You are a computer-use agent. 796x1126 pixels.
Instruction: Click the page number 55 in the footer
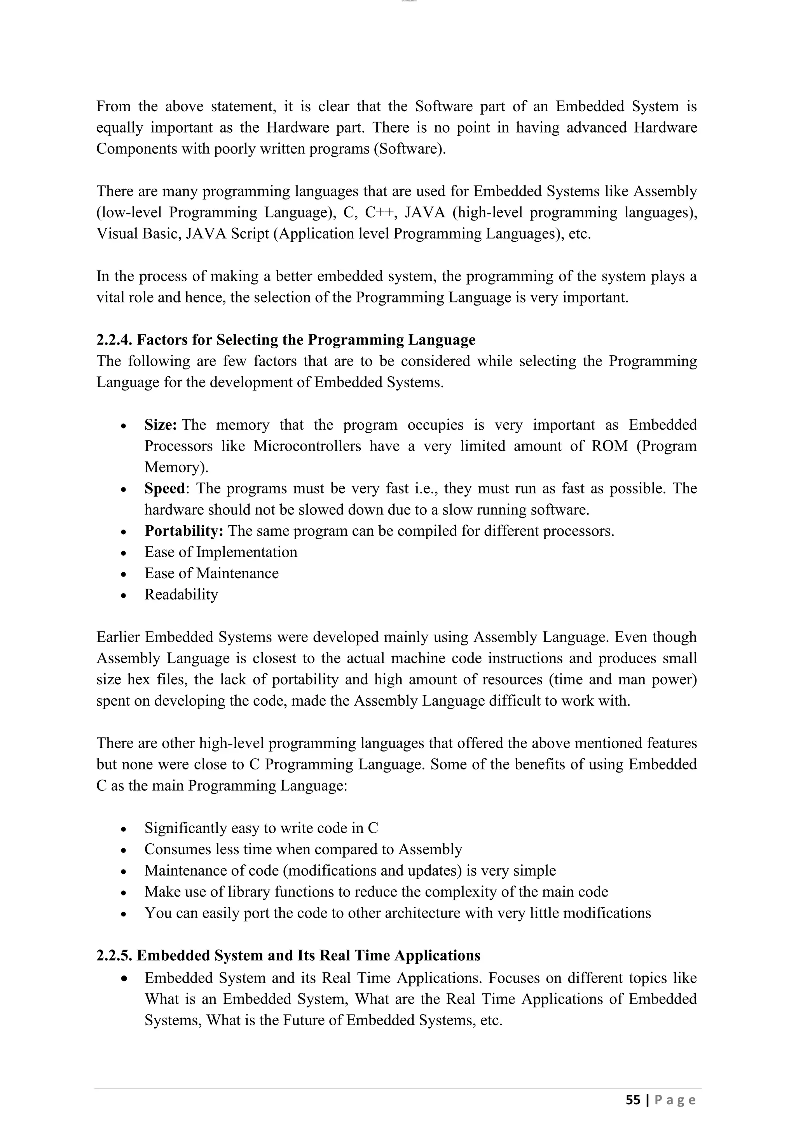click(x=633, y=1100)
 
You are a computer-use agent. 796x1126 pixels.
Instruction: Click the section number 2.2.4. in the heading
click(x=114, y=340)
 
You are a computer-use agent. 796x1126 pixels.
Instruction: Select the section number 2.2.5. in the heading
click(x=114, y=955)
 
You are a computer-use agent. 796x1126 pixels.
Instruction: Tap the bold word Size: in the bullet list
click(x=160, y=425)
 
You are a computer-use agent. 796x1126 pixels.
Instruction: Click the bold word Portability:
click(x=184, y=531)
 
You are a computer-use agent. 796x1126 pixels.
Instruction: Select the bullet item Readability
click(x=181, y=594)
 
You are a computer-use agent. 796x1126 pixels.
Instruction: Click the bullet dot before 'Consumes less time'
click(x=124, y=850)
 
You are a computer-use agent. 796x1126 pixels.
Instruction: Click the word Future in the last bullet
click(x=304, y=1020)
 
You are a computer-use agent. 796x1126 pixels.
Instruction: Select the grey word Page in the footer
click(x=675, y=1100)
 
